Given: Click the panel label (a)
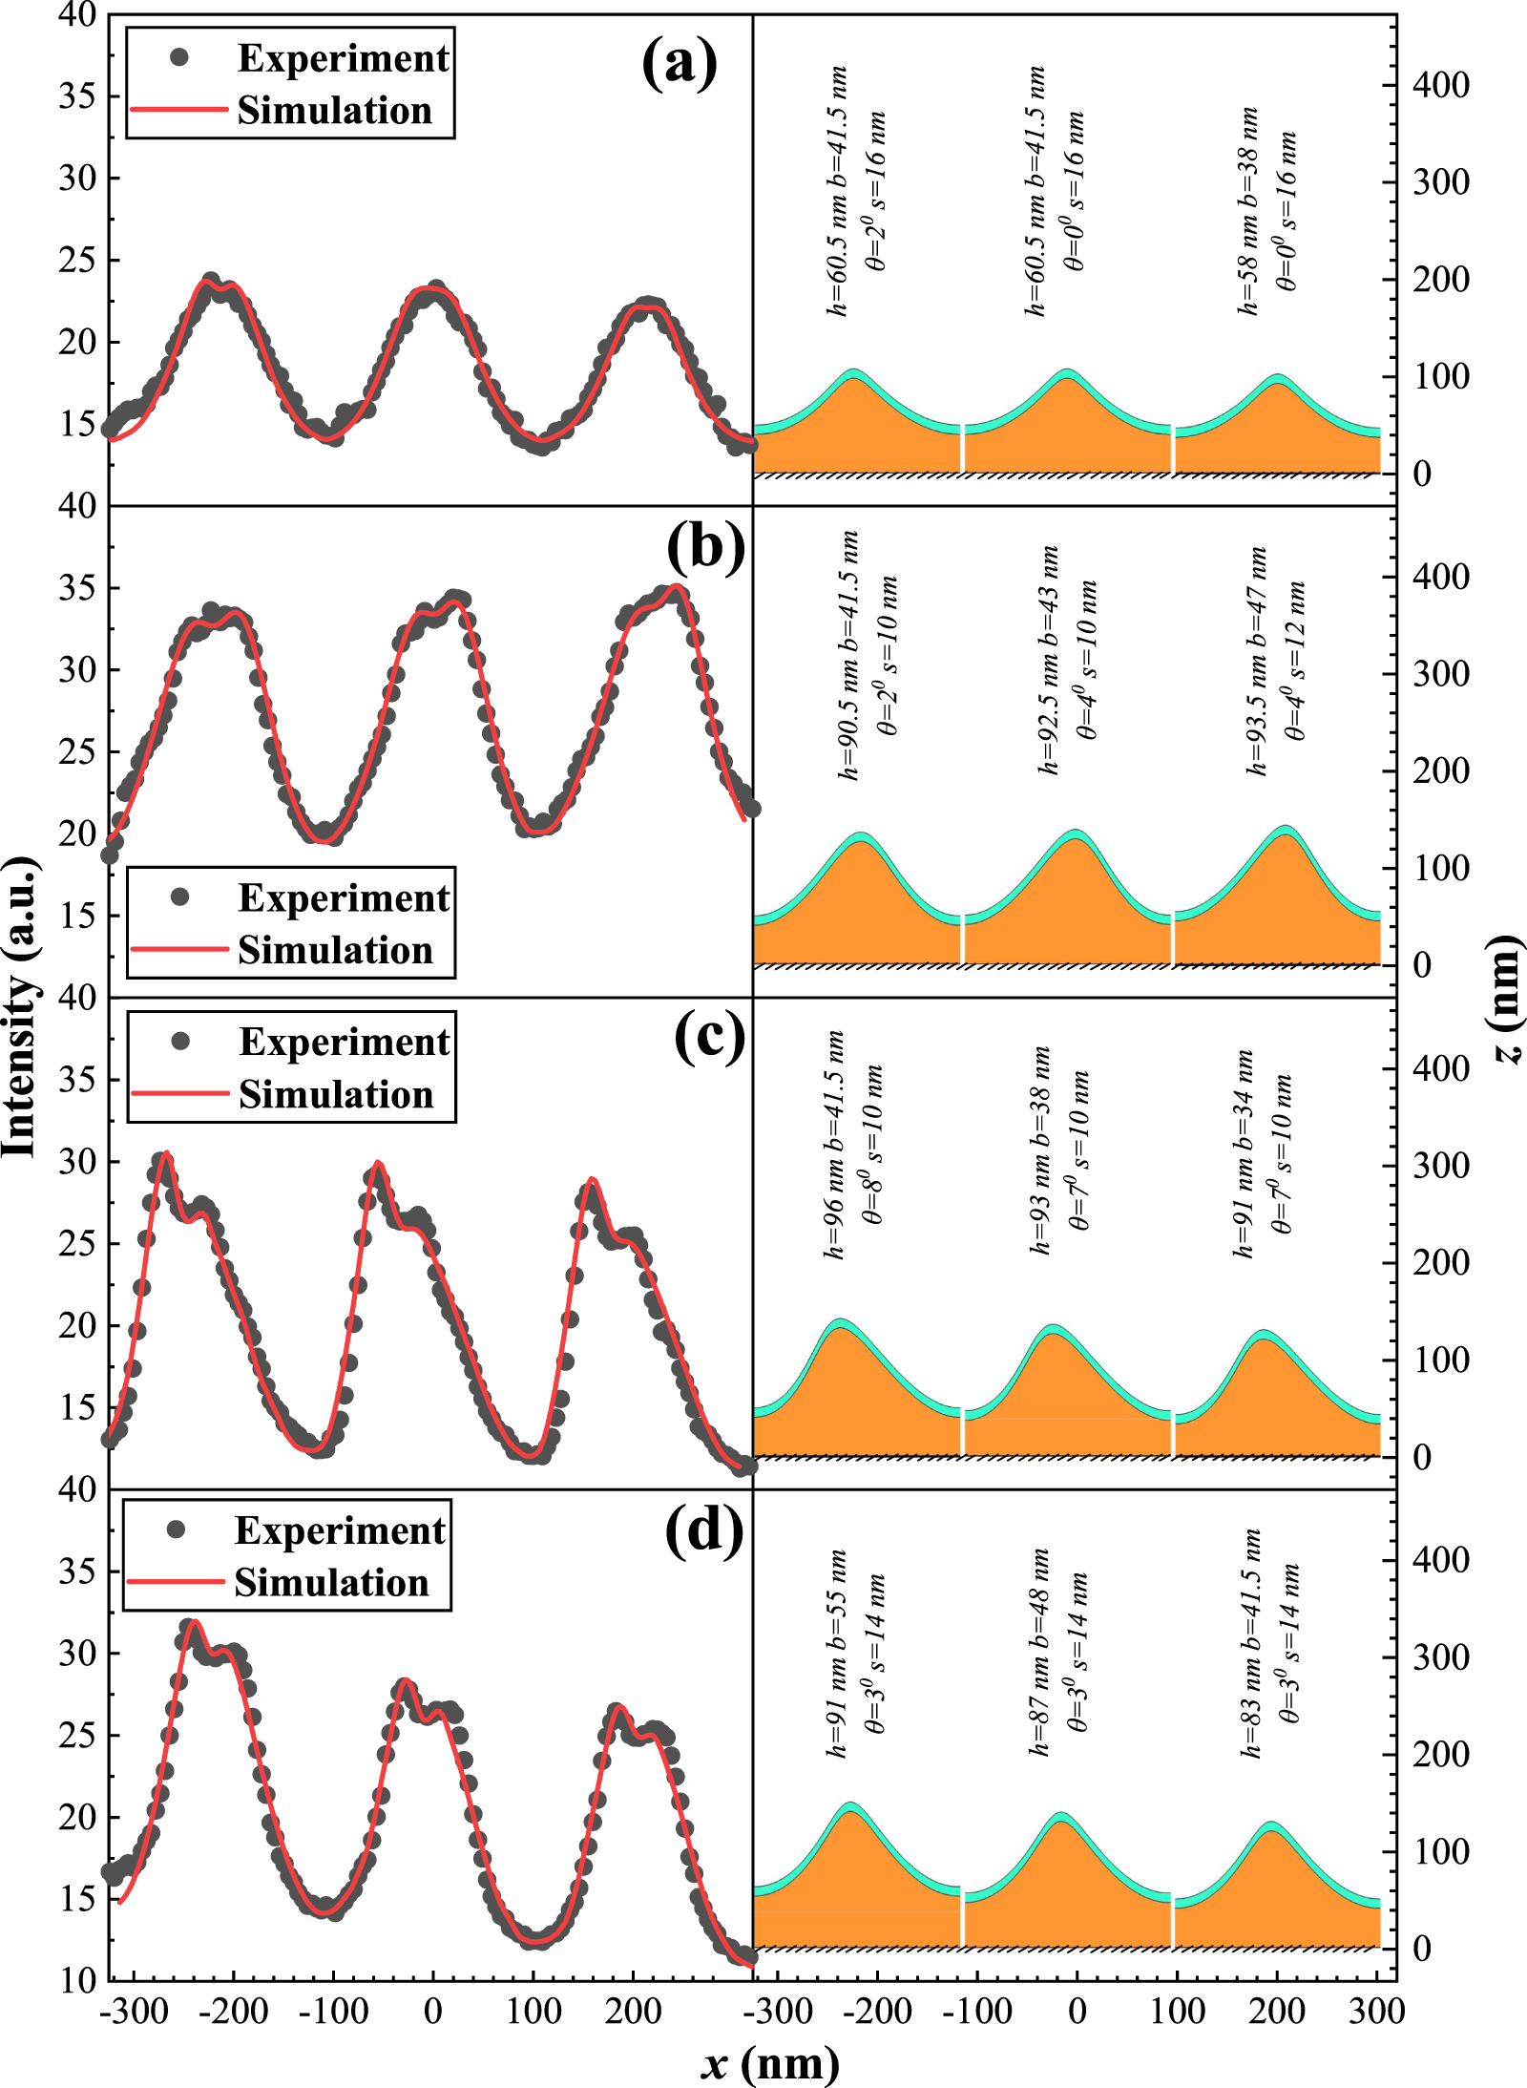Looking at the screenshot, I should click(679, 63).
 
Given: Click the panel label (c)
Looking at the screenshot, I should click(708, 1038).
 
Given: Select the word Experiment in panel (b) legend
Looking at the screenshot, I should click(344, 897).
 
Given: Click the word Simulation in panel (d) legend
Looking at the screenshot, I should click(331, 1583).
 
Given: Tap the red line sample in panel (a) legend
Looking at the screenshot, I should click(178, 109).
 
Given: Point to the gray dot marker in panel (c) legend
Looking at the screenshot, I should click(180, 1041).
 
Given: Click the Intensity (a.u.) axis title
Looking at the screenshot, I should click(21, 1007).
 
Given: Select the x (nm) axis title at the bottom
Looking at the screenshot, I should click(769, 2062).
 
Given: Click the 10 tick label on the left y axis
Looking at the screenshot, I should click(77, 1980).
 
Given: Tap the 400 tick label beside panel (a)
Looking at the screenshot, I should click(1440, 85).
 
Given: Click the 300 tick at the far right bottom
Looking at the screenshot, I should click(1376, 2011).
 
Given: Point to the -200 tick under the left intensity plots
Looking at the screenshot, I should click(234, 2011).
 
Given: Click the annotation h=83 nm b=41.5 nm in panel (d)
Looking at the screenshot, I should click(1251, 1642).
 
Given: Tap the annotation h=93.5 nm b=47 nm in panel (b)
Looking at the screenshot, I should click(1257, 661).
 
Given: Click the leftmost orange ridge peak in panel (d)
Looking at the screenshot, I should click(849, 1812).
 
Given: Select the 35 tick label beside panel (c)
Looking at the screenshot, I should click(77, 1080).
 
